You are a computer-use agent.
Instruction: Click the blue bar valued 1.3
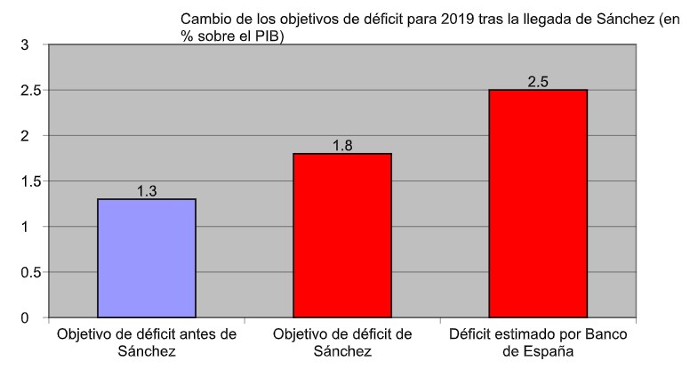pyautogui.click(x=147, y=258)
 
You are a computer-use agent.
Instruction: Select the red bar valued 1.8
pyautogui.click(x=342, y=236)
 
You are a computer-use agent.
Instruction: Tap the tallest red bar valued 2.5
pyautogui.click(x=538, y=204)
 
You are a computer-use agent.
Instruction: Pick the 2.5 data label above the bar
pyautogui.click(x=538, y=82)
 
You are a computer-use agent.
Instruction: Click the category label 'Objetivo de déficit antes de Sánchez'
pyautogui.click(x=147, y=343)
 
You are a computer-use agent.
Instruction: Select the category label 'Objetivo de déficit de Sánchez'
pyautogui.click(x=342, y=343)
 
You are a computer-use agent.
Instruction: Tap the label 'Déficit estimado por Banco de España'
pyautogui.click(x=537, y=343)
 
